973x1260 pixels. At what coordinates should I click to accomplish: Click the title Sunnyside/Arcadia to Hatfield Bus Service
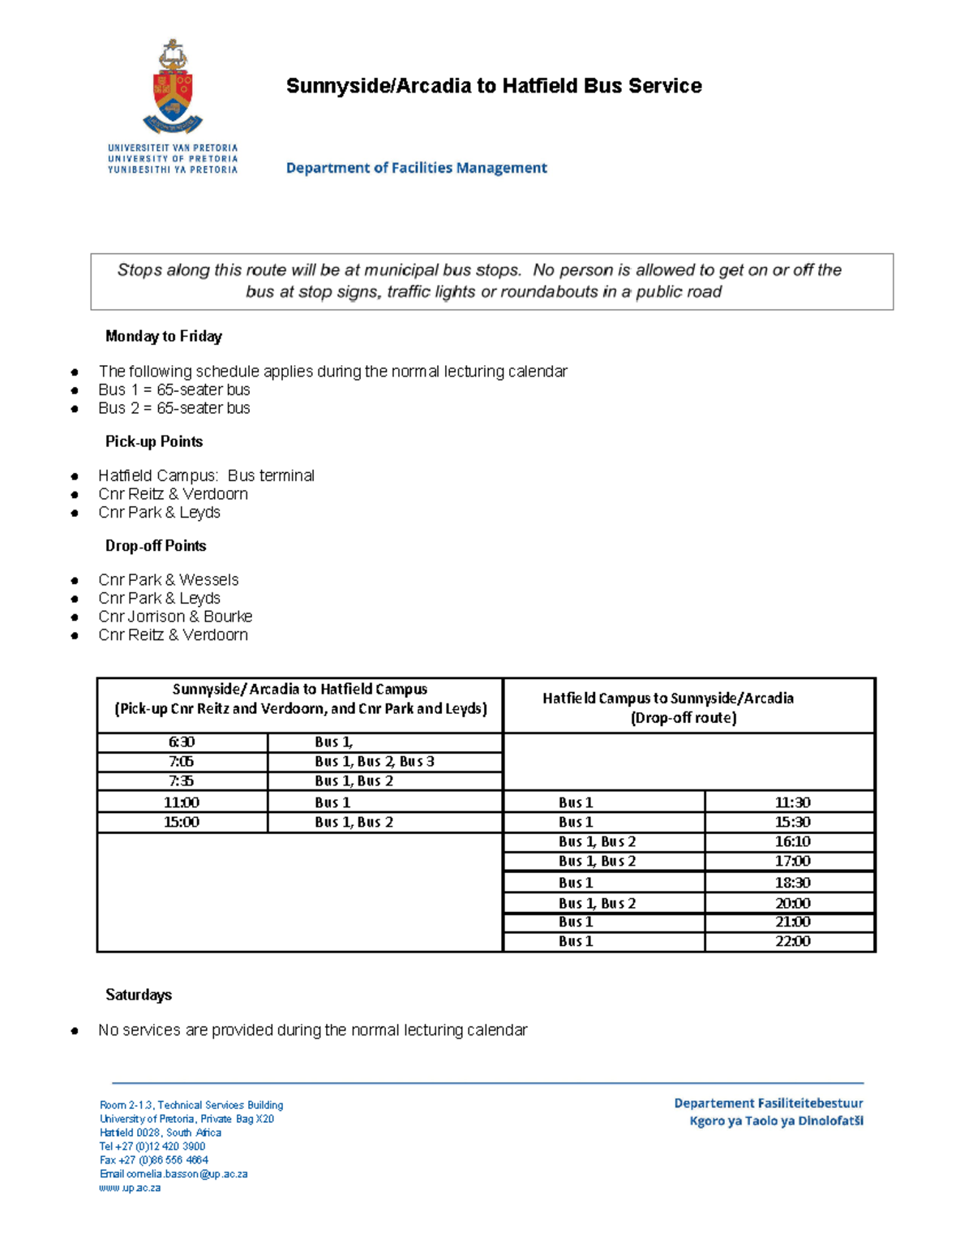(494, 86)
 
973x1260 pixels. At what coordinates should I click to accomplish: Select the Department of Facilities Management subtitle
(416, 168)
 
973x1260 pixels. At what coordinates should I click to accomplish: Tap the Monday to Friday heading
(163, 336)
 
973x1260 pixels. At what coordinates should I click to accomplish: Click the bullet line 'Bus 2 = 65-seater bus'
(174, 408)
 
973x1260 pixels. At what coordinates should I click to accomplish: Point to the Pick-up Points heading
(154, 441)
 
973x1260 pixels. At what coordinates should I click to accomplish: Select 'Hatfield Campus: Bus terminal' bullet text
(206, 475)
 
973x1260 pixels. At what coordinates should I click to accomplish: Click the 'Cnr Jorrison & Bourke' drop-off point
(175, 617)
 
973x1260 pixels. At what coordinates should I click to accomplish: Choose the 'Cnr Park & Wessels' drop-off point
(168, 579)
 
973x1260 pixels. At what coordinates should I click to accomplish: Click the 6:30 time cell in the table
(182, 742)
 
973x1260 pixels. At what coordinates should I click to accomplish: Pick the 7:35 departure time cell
(182, 781)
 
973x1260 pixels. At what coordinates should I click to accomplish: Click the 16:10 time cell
(791, 841)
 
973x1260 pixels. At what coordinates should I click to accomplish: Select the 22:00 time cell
(791, 941)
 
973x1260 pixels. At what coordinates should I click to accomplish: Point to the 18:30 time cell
(791, 882)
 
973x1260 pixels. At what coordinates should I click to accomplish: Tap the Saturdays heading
(139, 995)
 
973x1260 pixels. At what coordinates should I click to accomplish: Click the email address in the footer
(174, 1174)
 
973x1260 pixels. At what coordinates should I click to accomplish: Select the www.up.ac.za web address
(130, 1188)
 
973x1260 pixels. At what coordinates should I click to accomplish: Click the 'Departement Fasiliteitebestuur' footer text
(768, 1103)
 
